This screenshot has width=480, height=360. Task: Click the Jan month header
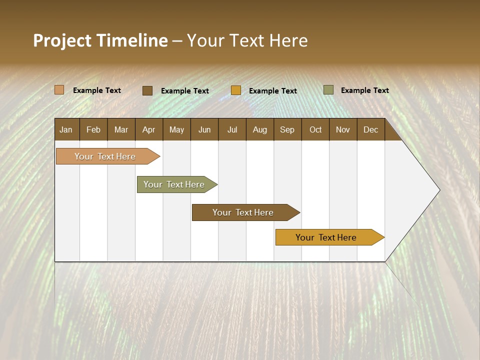66,129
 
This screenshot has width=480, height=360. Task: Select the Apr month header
148,129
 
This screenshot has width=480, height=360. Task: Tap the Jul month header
232,129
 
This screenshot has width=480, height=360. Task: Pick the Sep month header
287,129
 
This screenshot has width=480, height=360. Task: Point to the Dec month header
370,129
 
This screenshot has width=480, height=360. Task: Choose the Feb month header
93,129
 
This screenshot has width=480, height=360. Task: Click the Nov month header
342,129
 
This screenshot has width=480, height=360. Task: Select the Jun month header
204,129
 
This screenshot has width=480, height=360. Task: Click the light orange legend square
59,90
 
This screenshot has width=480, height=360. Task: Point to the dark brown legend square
147,90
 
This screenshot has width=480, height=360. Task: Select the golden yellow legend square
236,90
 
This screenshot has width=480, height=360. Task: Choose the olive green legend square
328,90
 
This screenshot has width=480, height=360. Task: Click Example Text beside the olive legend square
364,90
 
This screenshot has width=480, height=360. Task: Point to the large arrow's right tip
438,190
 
